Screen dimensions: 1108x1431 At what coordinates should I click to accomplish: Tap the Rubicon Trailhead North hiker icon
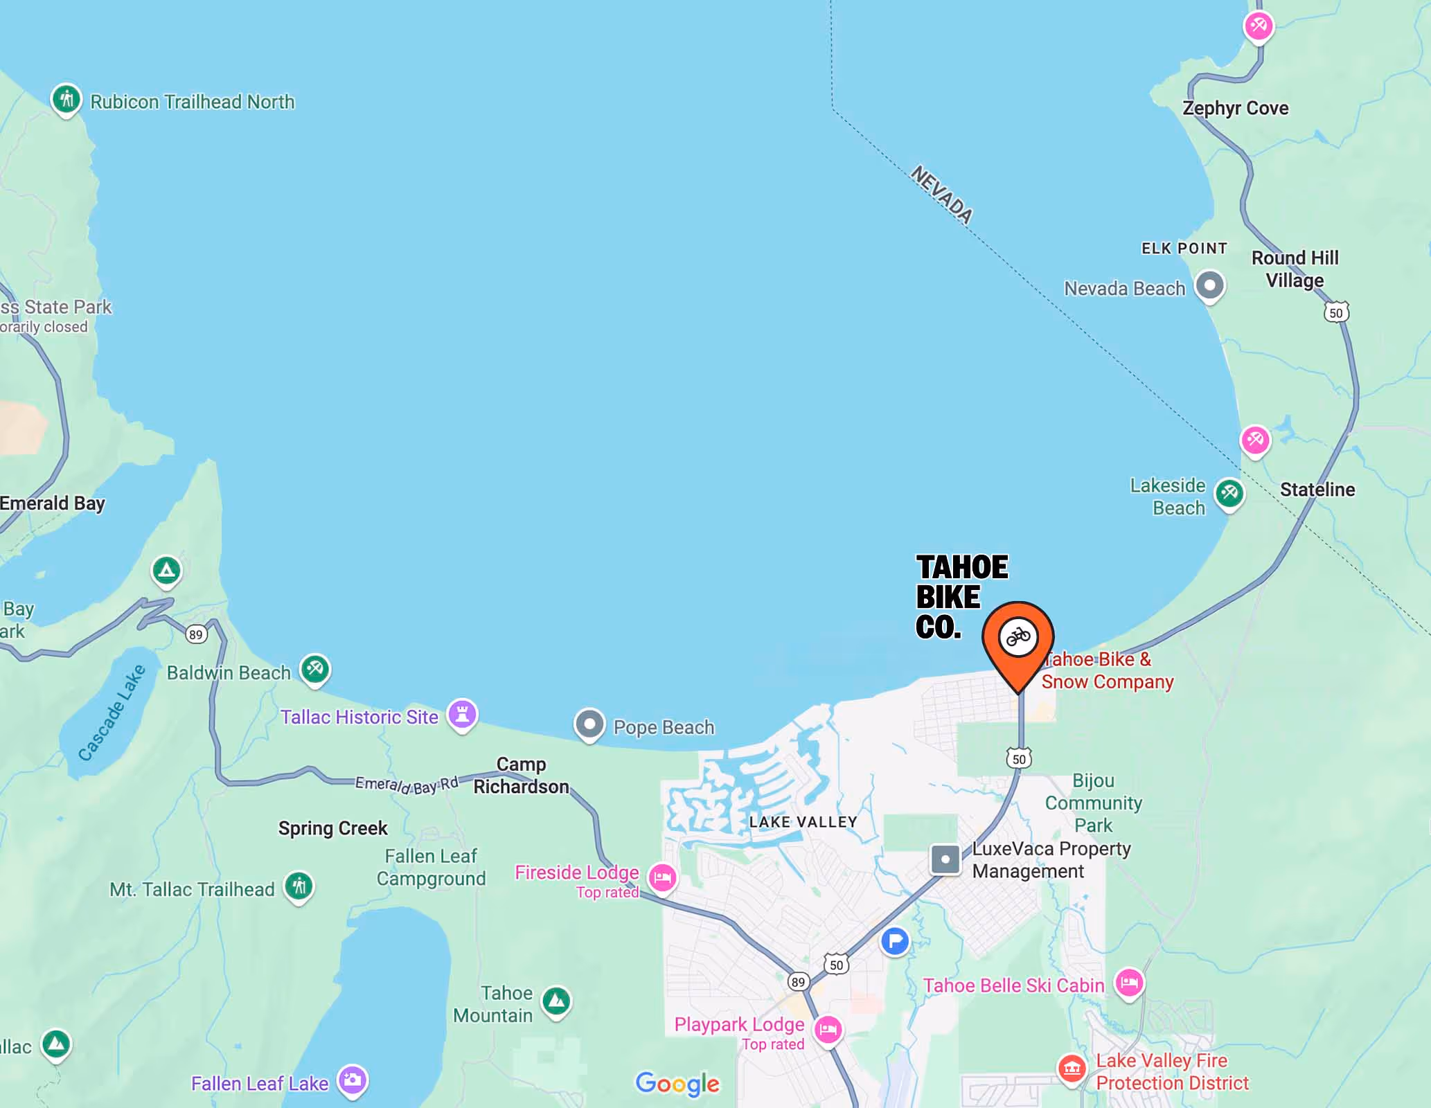pyautogui.click(x=66, y=100)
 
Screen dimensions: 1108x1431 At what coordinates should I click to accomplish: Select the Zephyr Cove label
pyautogui.click(x=1235, y=108)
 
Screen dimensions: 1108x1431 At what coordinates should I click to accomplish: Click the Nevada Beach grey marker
pyautogui.click(x=1210, y=285)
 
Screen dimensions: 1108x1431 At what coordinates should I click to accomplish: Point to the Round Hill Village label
pyautogui.click(x=1295, y=269)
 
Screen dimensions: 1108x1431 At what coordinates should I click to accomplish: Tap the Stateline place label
pyautogui.click(x=1317, y=490)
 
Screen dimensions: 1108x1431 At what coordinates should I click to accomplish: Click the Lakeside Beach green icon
pyautogui.click(x=1229, y=493)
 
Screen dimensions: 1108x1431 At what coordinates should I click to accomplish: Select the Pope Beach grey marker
pyautogui.click(x=589, y=724)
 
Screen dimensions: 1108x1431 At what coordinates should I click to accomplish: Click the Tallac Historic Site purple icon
pyautogui.click(x=463, y=713)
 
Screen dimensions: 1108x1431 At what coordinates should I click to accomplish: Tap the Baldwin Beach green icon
pyautogui.click(x=315, y=669)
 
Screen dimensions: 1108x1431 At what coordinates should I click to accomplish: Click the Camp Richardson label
pyautogui.click(x=521, y=776)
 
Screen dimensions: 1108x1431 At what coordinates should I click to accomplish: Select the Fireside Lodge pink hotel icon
pyautogui.click(x=662, y=878)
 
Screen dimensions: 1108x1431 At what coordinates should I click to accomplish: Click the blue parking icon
pyautogui.click(x=895, y=941)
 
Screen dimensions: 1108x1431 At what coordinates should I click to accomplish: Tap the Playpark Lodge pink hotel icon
pyautogui.click(x=828, y=1030)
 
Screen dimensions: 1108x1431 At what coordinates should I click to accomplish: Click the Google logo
pyautogui.click(x=677, y=1084)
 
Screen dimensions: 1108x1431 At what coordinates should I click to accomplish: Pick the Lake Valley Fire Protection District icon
pyautogui.click(x=1072, y=1068)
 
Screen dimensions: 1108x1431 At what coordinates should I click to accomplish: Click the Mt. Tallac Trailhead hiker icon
pyautogui.click(x=299, y=886)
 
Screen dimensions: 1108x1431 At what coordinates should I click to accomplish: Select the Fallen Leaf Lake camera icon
pyautogui.click(x=353, y=1080)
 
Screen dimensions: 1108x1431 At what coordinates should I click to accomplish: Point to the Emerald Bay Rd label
pyautogui.click(x=407, y=785)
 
